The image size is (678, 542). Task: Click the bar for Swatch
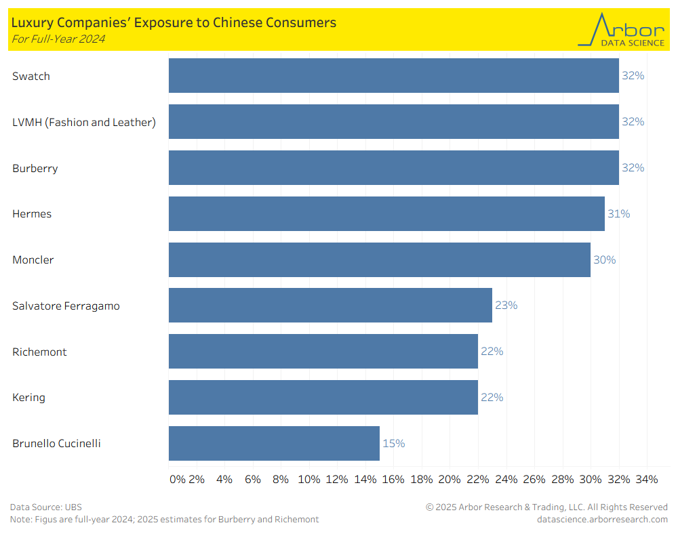click(393, 75)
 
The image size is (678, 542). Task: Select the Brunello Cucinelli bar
click(274, 443)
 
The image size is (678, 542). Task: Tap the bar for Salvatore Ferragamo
click(330, 305)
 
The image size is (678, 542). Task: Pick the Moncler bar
click(379, 259)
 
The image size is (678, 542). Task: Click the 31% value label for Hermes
click(618, 213)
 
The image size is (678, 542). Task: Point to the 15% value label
click(394, 443)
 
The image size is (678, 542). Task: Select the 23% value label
click(506, 305)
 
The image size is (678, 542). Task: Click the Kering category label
click(28, 397)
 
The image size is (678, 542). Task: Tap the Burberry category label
click(35, 168)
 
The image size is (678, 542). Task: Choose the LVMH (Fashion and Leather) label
click(84, 122)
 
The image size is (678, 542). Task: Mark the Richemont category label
click(39, 352)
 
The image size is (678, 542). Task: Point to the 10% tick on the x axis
click(309, 480)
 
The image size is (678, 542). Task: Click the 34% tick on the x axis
click(647, 480)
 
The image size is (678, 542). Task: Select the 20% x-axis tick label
click(450, 480)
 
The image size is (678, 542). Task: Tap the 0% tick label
click(177, 480)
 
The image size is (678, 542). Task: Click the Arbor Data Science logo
click(621, 30)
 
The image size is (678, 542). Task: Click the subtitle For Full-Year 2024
click(58, 39)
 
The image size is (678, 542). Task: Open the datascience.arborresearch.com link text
click(602, 519)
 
